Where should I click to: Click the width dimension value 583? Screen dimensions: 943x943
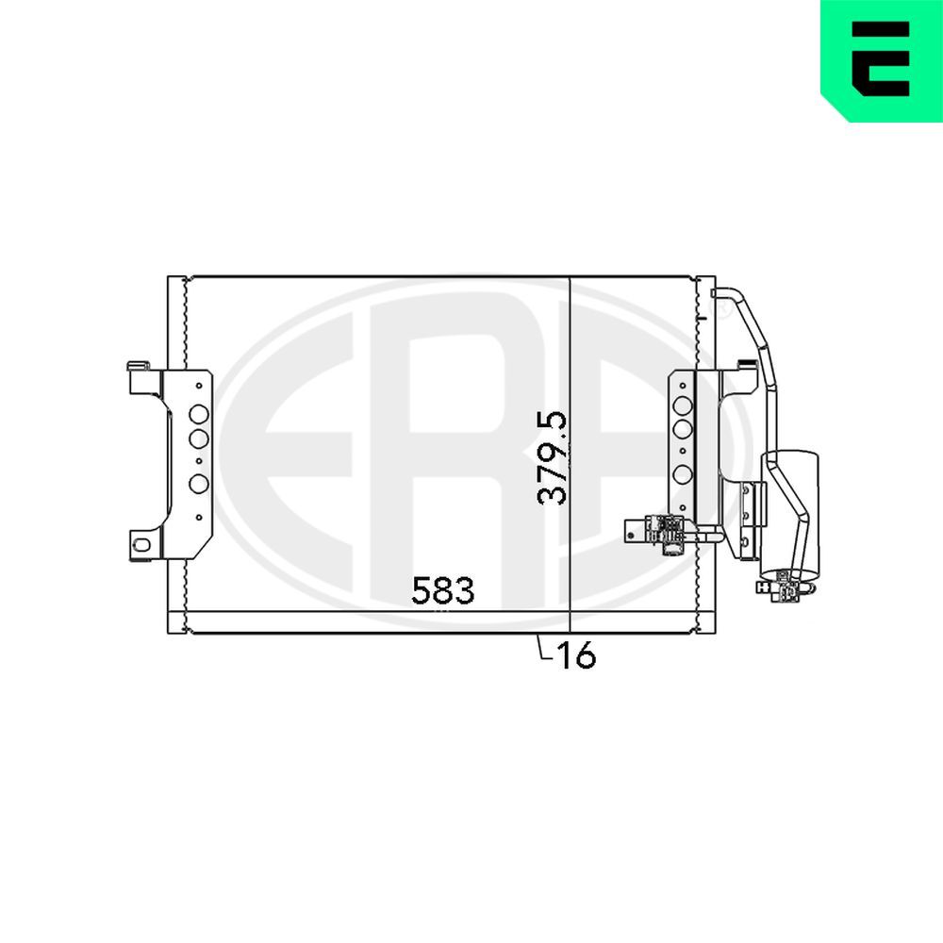(442, 591)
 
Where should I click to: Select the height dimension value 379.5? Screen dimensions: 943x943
(553, 457)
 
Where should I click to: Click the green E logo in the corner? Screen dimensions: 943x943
(881, 59)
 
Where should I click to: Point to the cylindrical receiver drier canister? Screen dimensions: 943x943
(793, 509)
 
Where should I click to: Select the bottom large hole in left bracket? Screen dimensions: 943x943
(199, 484)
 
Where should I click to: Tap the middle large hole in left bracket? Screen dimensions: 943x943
(199, 438)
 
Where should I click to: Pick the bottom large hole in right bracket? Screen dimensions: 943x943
(684, 474)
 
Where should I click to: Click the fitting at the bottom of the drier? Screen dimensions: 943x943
(782, 587)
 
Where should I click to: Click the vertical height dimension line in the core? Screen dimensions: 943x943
(571, 377)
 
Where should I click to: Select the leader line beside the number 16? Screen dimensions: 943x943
(541, 649)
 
